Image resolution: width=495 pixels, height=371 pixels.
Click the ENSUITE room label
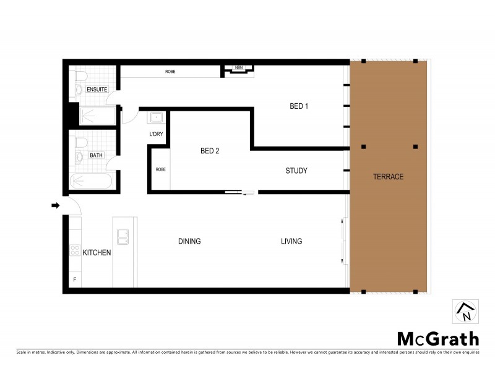[x=97, y=90]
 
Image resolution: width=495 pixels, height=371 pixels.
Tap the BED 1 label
[x=299, y=106]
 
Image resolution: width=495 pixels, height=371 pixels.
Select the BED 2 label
[x=210, y=151]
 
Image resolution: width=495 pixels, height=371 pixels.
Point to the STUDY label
[x=296, y=171]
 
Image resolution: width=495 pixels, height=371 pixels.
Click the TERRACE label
[x=388, y=177]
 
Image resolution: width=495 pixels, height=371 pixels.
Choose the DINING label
[x=189, y=241]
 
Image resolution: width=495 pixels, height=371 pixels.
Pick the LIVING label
[x=291, y=241]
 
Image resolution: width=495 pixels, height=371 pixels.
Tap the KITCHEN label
[x=97, y=252]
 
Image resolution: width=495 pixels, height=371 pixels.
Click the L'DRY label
[x=156, y=134]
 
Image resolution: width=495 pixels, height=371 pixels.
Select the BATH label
[x=97, y=155]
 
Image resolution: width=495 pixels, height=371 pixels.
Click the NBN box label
[x=238, y=67]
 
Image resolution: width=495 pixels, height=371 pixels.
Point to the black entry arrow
[x=56, y=205]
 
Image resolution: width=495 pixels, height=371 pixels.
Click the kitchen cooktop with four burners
[x=75, y=250]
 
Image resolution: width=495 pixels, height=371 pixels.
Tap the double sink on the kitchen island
[x=123, y=236]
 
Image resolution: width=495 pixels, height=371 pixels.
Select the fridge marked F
[x=75, y=279]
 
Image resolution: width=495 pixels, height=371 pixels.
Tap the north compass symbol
[x=465, y=311]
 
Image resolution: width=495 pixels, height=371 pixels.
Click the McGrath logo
[x=437, y=339]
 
